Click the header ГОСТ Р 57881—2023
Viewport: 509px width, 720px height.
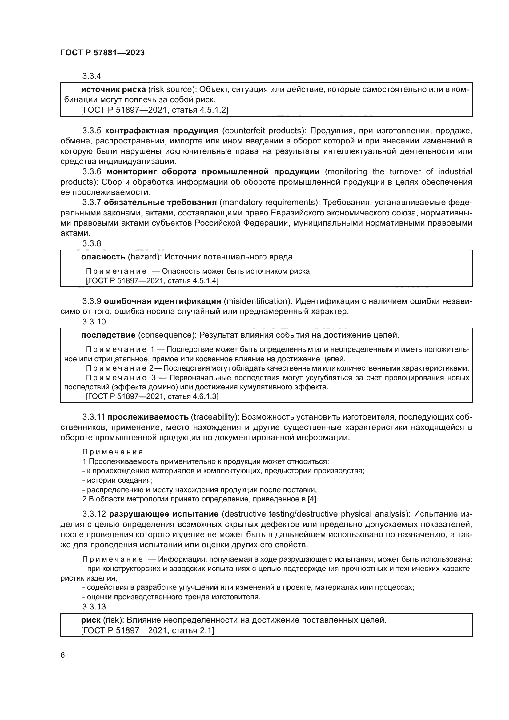pyautogui.click(x=102, y=53)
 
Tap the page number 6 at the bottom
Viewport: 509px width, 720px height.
pyautogui.click(x=63, y=655)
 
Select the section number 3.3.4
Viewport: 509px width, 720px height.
pyautogui.click(x=92, y=76)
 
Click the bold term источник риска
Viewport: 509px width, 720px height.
pyautogui.click(x=114, y=90)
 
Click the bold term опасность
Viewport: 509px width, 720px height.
pyautogui.click(x=103, y=257)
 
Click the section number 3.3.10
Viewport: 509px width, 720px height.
pyautogui.click(x=94, y=321)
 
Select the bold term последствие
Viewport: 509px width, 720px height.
pyautogui.click(x=108, y=335)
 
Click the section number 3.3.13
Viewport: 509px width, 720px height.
pyautogui.click(x=94, y=606)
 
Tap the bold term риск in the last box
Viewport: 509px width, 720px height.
pyautogui.click(x=90, y=620)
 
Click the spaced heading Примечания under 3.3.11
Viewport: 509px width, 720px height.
pyautogui.click(x=113, y=452)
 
